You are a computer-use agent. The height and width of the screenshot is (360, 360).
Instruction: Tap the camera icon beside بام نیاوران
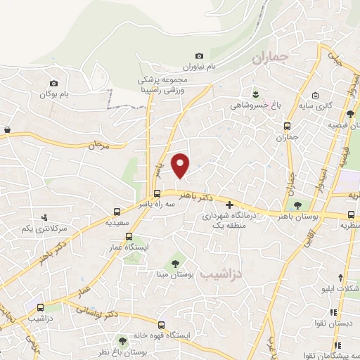click(x=199, y=56)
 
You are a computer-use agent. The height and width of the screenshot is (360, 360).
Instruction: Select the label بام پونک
click(x=57, y=94)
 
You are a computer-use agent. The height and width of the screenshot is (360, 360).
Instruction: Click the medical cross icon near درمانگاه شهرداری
click(x=229, y=205)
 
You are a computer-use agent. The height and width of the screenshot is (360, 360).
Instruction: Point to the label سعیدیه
click(x=117, y=222)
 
